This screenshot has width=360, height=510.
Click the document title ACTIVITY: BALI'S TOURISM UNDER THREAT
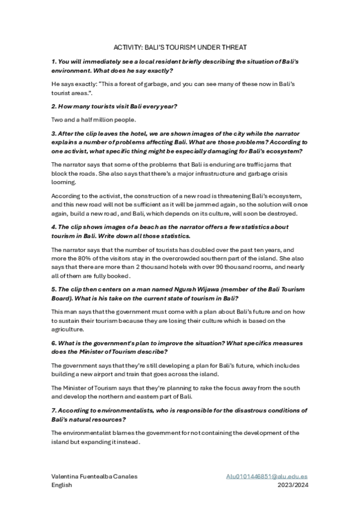click(x=180, y=47)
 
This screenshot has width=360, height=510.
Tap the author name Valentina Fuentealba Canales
click(x=94, y=476)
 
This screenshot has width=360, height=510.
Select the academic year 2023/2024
click(x=293, y=484)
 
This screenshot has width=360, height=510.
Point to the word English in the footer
click(x=62, y=484)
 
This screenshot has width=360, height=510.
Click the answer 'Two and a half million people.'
click(x=94, y=119)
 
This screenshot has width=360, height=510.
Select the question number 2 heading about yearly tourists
click(x=114, y=106)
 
